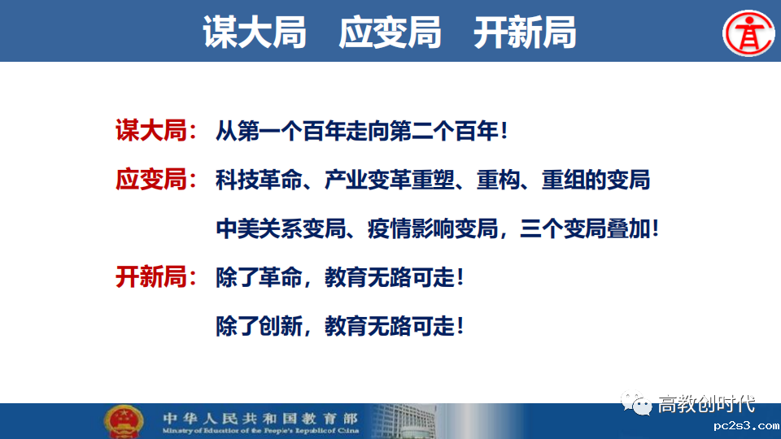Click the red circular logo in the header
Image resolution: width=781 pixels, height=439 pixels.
click(748, 33)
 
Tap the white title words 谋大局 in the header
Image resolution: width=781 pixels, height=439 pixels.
click(255, 33)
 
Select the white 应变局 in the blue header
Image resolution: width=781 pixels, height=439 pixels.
click(390, 33)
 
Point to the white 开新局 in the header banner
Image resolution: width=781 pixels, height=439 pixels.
click(525, 33)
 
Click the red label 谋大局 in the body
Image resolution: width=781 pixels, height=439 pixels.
click(151, 130)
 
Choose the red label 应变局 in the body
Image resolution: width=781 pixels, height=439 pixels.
click(151, 179)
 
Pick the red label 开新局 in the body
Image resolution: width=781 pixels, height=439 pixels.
click(151, 276)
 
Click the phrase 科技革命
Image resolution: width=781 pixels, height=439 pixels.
click(259, 180)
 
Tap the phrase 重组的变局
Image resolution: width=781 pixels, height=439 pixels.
click(596, 180)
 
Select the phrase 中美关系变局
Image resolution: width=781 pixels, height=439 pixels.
click(281, 228)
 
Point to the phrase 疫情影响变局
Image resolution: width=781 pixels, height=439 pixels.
click(433, 228)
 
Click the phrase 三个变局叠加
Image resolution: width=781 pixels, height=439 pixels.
click(585, 228)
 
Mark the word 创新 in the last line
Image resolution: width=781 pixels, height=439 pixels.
click(281, 327)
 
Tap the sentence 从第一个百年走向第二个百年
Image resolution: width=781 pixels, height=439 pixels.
click(357, 131)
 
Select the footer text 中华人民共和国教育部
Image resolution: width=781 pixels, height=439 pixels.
click(260, 418)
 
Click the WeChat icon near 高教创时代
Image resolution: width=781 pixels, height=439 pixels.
click(635, 403)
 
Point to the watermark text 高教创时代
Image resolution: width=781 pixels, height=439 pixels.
click(706, 404)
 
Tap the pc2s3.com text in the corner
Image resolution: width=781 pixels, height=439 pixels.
click(746, 426)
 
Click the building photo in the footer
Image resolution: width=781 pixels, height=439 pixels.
click(404, 421)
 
